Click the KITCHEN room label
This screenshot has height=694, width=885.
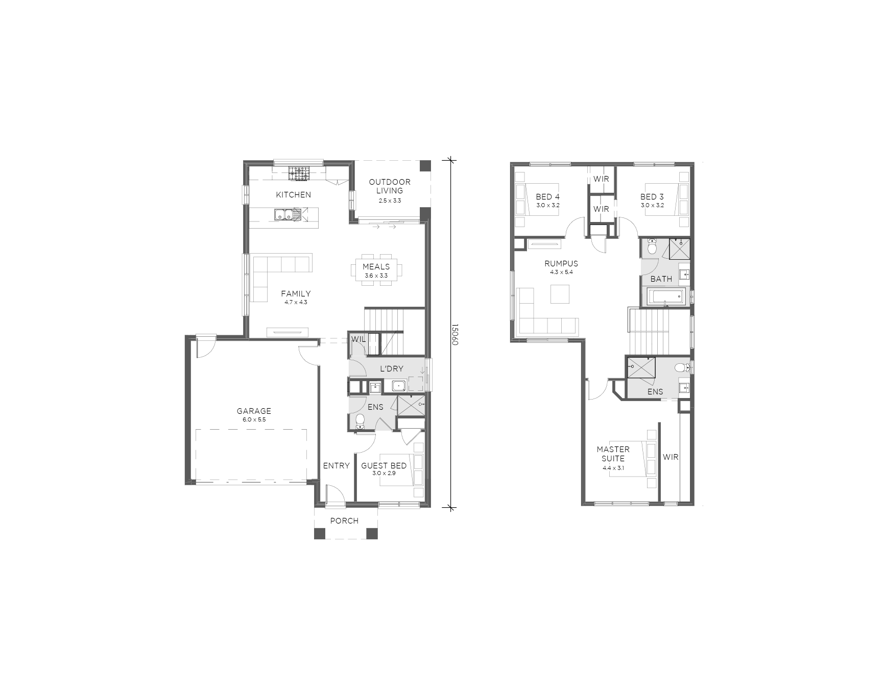click(293, 194)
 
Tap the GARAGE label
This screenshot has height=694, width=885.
click(254, 411)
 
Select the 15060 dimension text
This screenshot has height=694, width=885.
click(455, 334)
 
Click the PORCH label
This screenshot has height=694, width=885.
click(344, 520)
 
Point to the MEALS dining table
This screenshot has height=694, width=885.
click(376, 270)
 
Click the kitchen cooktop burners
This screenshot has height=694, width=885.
click(299, 173)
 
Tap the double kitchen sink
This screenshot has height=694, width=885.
click(283, 215)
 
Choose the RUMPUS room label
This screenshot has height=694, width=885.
click(561, 263)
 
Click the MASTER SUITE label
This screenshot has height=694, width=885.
click(613, 454)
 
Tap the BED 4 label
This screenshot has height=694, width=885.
click(547, 196)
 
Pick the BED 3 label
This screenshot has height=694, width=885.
click(652, 196)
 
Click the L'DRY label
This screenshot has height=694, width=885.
click(392, 368)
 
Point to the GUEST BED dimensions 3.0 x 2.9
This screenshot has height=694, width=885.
click(384, 473)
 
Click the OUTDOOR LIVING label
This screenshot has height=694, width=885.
click(390, 186)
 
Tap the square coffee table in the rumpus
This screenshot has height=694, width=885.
click(560, 293)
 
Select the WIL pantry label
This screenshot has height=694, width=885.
click(358, 339)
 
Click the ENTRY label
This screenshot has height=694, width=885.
click(337, 465)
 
